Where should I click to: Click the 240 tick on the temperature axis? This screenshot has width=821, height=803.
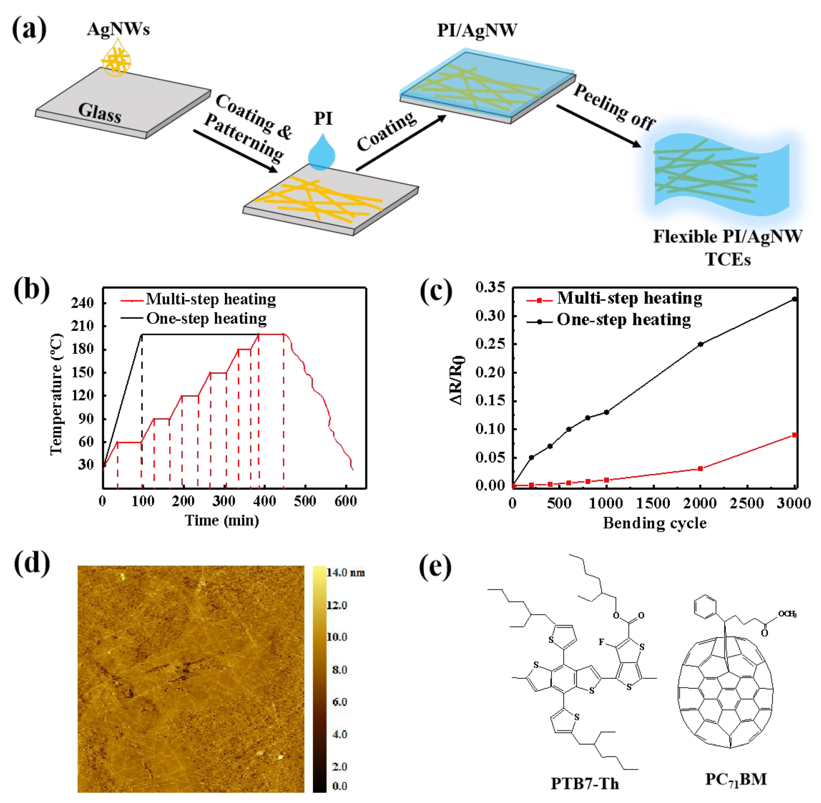click(x=83, y=303)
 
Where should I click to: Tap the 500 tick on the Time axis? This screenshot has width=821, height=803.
click(x=305, y=501)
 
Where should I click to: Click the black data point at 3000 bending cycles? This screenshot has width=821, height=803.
click(x=795, y=299)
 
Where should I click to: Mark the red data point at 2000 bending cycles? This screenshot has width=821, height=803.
click(x=701, y=469)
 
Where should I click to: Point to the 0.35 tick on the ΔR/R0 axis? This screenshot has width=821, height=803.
click(x=490, y=288)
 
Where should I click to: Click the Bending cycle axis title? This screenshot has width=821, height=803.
click(x=654, y=523)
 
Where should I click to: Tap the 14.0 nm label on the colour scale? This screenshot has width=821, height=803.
click(x=346, y=573)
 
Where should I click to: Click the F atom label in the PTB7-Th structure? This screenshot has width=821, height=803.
click(x=602, y=642)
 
